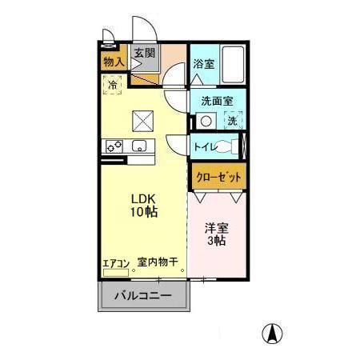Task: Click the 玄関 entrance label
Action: pyautogui.click(x=145, y=54)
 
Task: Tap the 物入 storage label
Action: pyautogui.click(x=114, y=61)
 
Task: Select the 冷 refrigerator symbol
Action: pyautogui.click(x=113, y=82)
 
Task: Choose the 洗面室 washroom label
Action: pyautogui.click(x=216, y=101)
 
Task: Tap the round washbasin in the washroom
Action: pyautogui.click(x=206, y=122)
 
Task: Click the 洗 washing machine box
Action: pyautogui.click(x=233, y=122)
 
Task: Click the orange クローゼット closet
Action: pyautogui.click(x=217, y=176)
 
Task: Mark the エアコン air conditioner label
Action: pyautogui.click(x=116, y=262)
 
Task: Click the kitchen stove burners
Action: pyautogui.click(x=113, y=146)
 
